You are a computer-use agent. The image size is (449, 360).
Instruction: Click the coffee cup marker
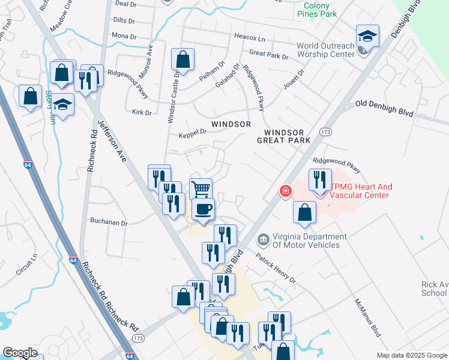pyautogui.click(x=202, y=209)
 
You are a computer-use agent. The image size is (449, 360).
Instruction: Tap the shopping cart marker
pyautogui.click(x=200, y=189)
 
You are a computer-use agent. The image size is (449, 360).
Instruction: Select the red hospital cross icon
pyautogui.click(x=286, y=191)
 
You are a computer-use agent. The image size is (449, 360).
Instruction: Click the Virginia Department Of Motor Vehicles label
pyautogui.click(x=306, y=241)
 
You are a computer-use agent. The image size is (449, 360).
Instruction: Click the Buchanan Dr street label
pyautogui.click(x=109, y=223)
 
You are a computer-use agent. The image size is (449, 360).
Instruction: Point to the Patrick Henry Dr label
pyautogui.click(x=276, y=268)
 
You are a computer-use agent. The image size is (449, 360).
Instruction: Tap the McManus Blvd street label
pyautogui.click(x=367, y=317)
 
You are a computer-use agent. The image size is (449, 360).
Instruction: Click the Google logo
pyautogui.click(x=20, y=353)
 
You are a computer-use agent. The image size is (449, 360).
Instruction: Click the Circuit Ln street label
pyautogui.click(x=27, y=264)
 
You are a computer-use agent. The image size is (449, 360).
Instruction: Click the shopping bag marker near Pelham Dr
pyautogui.click(x=182, y=59)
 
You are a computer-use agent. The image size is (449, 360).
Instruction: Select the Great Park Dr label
pyautogui.click(x=268, y=55)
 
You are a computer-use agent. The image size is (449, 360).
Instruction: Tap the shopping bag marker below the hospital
pyautogui.click(x=305, y=212)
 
